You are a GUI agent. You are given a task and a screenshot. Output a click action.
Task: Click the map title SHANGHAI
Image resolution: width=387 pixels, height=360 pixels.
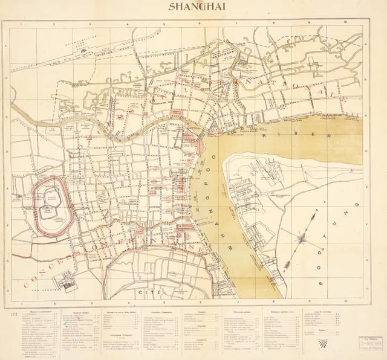coord(193,7)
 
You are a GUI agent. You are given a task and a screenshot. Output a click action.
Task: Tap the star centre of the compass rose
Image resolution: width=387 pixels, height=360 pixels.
coord(301,237)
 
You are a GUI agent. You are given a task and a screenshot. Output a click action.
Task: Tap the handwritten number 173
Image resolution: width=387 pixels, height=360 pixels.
coord(12,315)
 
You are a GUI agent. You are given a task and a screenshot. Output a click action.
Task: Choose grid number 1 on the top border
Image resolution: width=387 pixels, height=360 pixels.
coord(21,25)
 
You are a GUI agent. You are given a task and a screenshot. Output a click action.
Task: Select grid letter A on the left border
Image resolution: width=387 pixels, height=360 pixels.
coord(6,46)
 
